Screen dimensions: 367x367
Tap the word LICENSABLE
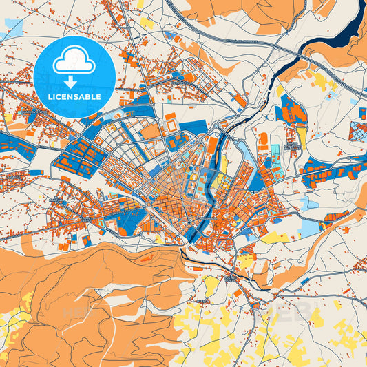[74, 97]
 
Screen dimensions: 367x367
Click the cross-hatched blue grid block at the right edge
[359, 130]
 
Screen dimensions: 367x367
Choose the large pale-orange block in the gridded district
[151, 130]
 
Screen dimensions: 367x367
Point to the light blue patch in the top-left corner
[14, 28]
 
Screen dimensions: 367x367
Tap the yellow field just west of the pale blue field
[275, 237]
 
